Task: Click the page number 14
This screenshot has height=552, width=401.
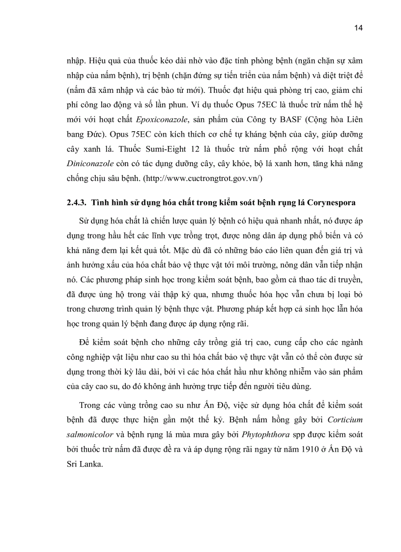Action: tap(358, 28)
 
